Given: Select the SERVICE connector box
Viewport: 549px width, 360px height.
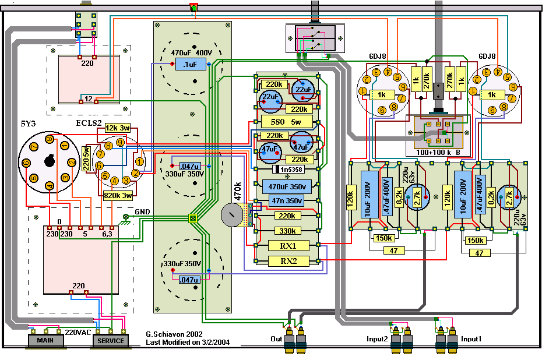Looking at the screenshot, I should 111,340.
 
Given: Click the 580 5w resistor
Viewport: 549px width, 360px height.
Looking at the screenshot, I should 287,122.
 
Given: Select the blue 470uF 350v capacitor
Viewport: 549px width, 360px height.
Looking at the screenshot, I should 287,187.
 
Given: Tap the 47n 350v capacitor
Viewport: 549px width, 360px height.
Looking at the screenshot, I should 287,200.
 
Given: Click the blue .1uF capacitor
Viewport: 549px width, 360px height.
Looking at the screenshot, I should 191,65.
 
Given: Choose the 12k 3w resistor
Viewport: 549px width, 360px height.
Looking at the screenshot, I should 118,128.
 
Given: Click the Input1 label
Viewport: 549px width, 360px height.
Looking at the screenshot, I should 473,338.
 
